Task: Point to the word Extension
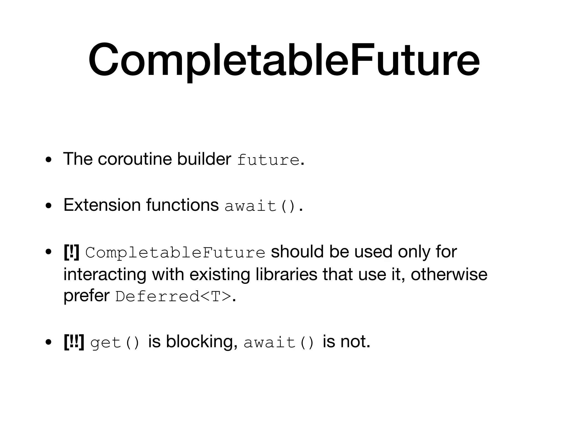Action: [x=102, y=205]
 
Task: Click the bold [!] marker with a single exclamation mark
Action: [x=71, y=252]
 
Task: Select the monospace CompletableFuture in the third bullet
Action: [x=175, y=253]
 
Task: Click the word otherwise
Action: [x=449, y=274]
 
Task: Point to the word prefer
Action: [x=87, y=296]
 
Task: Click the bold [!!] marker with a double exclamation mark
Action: [x=74, y=342]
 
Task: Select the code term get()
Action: [x=115, y=343]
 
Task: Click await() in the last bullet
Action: [x=279, y=343]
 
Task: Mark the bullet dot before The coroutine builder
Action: [x=49, y=160]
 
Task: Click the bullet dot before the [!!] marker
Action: [x=49, y=342]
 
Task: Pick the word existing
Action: [x=220, y=274]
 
